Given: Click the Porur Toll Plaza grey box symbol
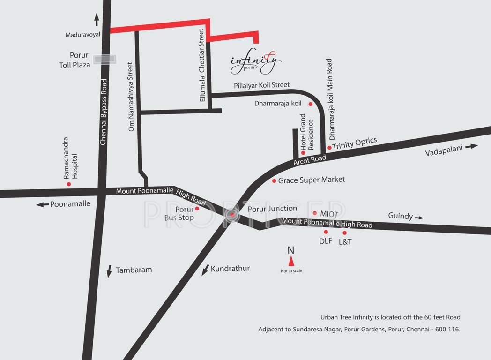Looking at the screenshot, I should [104, 60].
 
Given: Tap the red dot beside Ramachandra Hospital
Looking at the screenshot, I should [69, 184].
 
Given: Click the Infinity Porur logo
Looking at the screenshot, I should [256, 62].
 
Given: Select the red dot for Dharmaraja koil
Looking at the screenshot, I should [310, 104].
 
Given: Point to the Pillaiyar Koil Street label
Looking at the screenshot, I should [261, 85].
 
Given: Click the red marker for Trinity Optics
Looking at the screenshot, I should [329, 148].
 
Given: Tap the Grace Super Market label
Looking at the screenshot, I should [311, 180].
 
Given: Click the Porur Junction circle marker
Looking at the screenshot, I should [231, 214].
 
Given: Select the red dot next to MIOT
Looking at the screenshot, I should [315, 213].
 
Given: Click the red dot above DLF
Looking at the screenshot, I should [326, 232].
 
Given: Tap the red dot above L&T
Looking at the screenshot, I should [345, 232].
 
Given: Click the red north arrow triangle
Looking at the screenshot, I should [291, 261].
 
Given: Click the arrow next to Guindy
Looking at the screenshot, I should [419, 217].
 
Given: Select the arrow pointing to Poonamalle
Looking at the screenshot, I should [43, 204].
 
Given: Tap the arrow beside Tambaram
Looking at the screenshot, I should [109, 271].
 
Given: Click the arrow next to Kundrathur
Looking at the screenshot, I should [205, 270].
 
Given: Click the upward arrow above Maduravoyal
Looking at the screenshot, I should [97, 20].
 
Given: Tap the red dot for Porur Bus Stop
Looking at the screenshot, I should [197, 208].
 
